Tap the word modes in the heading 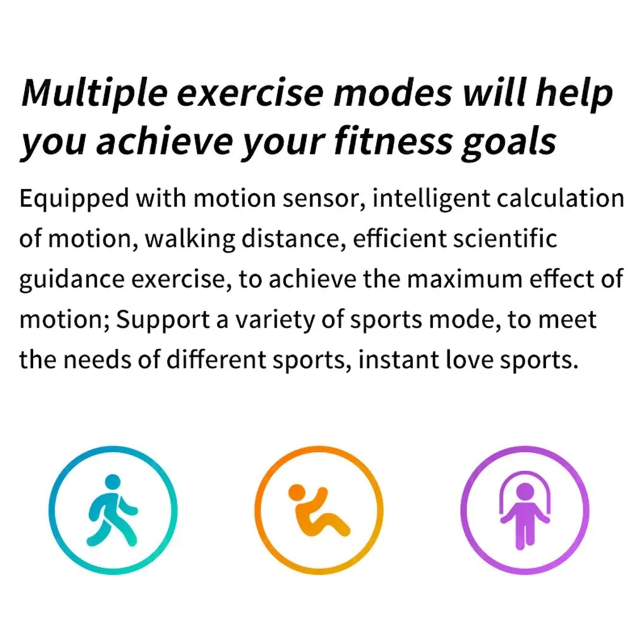tap(393, 92)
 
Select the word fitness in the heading tap(393, 141)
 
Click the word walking tap(190, 239)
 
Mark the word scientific tap(505, 238)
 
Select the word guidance tap(71, 280)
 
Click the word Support tap(163, 321)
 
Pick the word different tap(216, 359)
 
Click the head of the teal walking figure tap(112, 482)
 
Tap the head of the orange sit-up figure tap(296, 491)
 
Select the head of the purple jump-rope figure tap(525, 491)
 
